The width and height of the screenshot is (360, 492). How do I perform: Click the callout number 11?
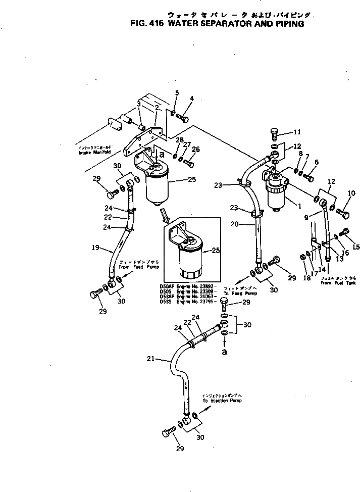(297, 132)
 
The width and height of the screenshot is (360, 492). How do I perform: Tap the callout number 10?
(352, 193)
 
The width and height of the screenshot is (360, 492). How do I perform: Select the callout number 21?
(149, 359)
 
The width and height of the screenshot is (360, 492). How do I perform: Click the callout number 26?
(195, 149)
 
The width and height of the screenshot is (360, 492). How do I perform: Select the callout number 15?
(356, 247)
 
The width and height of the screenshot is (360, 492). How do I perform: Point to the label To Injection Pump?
(222, 400)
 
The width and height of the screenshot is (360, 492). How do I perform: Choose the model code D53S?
(166, 301)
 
